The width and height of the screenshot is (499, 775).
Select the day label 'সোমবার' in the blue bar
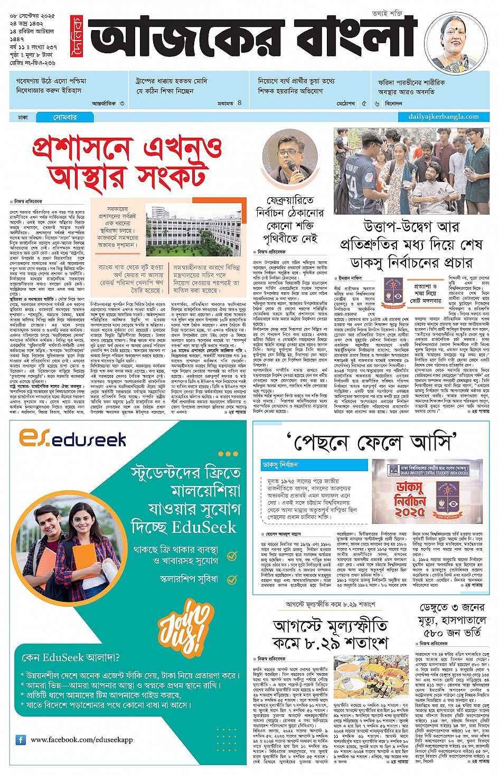(64, 117)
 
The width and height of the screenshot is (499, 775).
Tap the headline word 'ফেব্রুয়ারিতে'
(290, 200)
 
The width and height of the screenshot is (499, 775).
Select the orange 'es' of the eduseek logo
(34, 438)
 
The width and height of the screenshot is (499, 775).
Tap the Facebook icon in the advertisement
(21, 740)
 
